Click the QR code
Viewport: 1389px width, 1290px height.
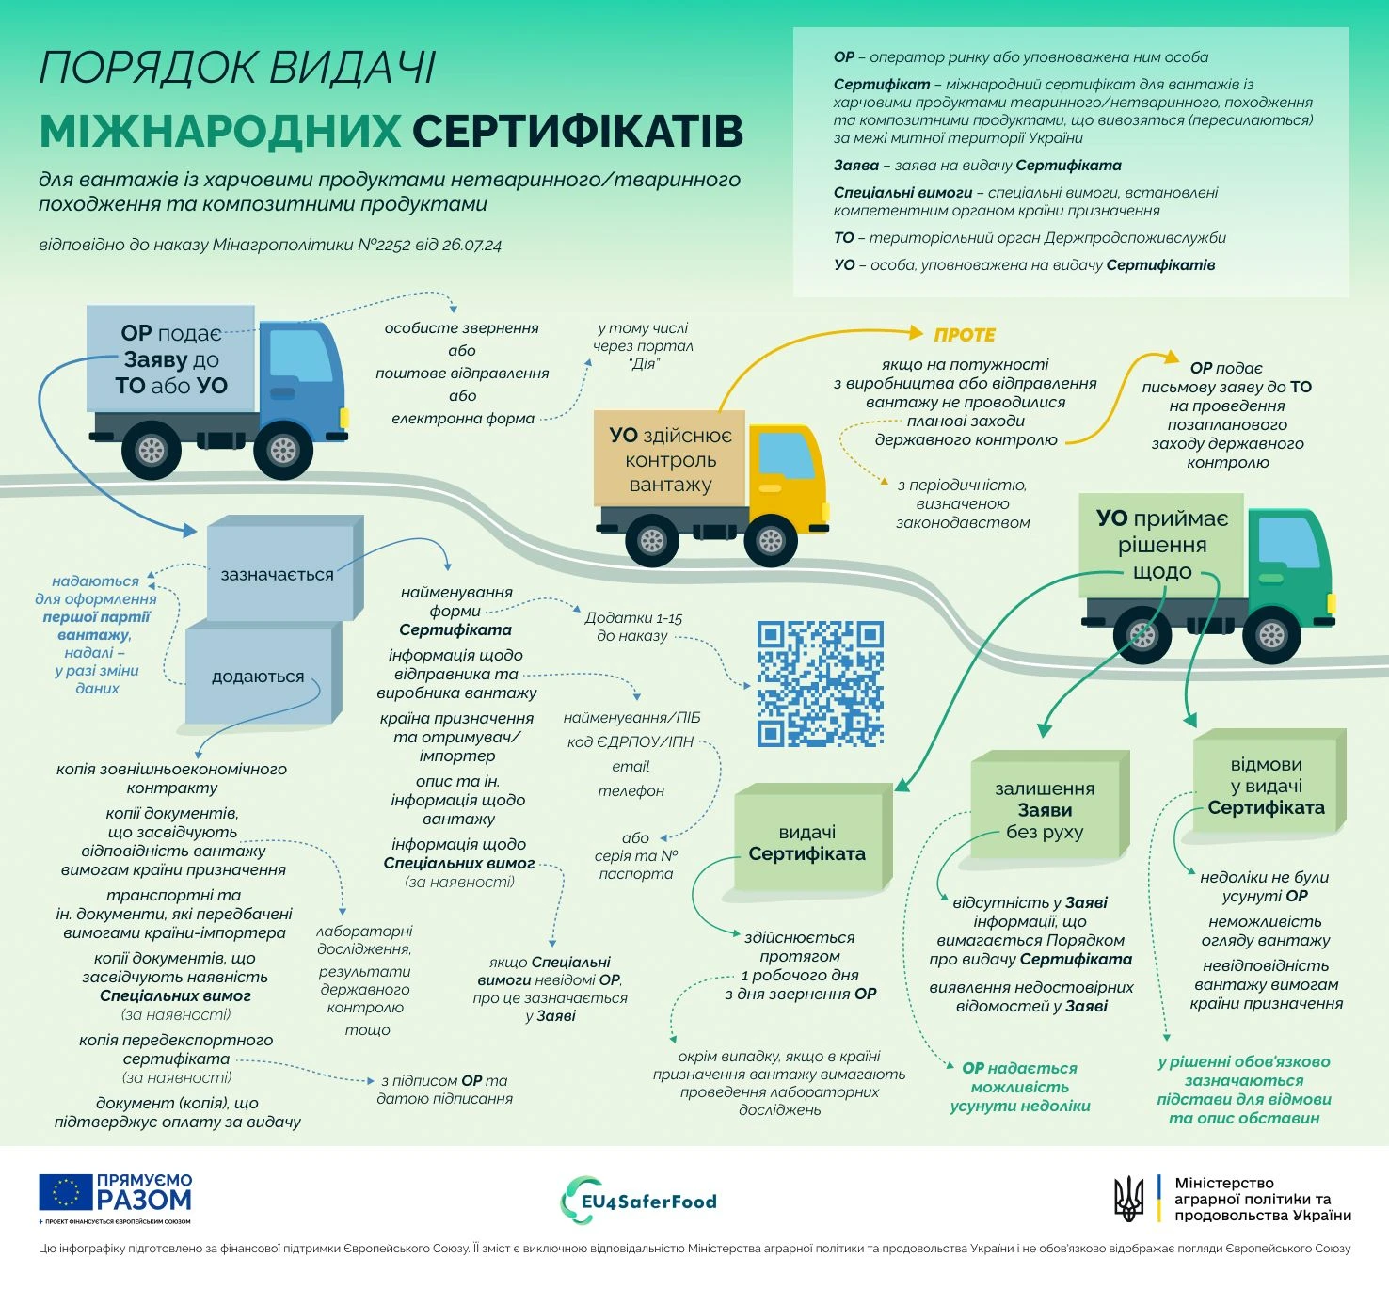click(820, 683)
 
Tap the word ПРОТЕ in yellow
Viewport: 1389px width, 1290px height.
click(965, 335)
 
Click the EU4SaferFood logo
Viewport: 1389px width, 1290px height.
click(639, 1201)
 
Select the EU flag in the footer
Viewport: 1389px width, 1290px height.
click(66, 1192)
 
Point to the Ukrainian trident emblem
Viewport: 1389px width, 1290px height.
click(1129, 1199)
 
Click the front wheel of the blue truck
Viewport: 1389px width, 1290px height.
click(283, 450)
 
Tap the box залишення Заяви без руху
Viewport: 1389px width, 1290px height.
click(1050, 804)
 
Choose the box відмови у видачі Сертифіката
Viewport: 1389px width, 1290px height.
click(1269, 781)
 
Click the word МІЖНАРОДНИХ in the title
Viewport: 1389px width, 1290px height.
click(220, 131)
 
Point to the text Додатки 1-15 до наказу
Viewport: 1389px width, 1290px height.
click(633, 627)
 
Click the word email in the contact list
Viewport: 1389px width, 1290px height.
click(631, 767)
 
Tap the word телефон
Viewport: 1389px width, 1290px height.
click(631, 791)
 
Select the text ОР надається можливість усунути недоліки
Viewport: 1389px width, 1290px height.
click(1020, 1087)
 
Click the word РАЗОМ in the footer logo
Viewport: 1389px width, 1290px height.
click(144, 1201)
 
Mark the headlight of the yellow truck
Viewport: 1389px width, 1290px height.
click(825, 511)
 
